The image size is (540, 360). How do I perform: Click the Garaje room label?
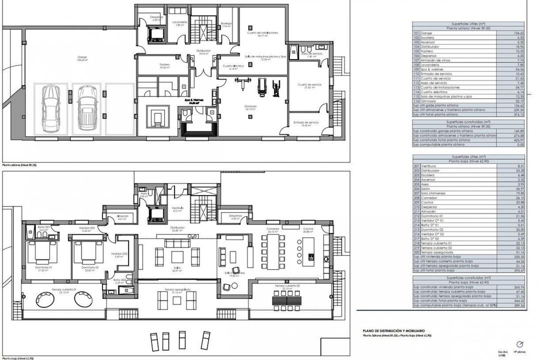(82, 58)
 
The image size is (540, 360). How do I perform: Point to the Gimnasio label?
(250, 107)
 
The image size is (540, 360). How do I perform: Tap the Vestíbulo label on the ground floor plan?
(177, 208)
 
